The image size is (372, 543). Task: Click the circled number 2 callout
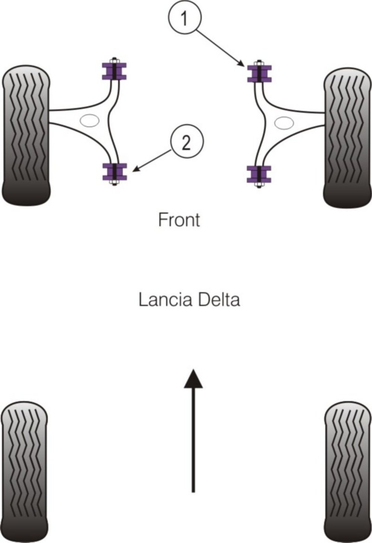coord(186,142)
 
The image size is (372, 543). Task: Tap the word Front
coord(179,220)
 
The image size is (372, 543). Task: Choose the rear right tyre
coord(348,471)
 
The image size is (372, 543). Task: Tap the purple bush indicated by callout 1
coord(260,73)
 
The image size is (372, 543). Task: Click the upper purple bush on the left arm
coord(114,71)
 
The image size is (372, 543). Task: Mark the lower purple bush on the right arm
coord(259,174)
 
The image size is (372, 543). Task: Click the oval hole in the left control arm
coord(90,120)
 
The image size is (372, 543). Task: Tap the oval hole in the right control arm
coord(284,123)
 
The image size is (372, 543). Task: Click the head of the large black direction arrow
coord(193,379)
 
